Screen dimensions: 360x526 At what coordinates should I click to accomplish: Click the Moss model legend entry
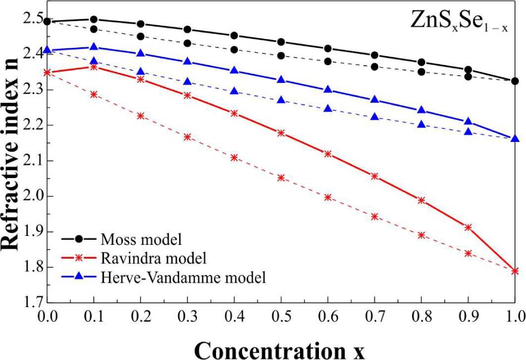(142, 240)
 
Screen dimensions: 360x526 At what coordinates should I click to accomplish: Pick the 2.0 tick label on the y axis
(28, 196)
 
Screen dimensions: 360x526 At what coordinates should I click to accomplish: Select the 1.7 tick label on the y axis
(28, 303)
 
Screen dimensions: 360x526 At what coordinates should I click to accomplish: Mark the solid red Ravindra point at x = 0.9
(468, 228)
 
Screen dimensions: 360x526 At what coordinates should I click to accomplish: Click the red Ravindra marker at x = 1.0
(515, 271)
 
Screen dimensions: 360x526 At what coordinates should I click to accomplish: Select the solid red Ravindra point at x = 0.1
(94, 67)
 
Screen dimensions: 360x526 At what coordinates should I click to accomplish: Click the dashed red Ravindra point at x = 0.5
(281, 178)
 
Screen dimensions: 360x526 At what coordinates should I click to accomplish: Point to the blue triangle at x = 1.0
(515, 139)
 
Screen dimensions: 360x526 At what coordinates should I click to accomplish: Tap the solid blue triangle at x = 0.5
(281, 80)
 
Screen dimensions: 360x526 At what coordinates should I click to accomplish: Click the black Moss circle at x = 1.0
(515, 81)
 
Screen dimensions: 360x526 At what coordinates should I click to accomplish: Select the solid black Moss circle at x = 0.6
(328, 49)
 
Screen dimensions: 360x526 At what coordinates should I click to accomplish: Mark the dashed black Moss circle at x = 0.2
(141, 37)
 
